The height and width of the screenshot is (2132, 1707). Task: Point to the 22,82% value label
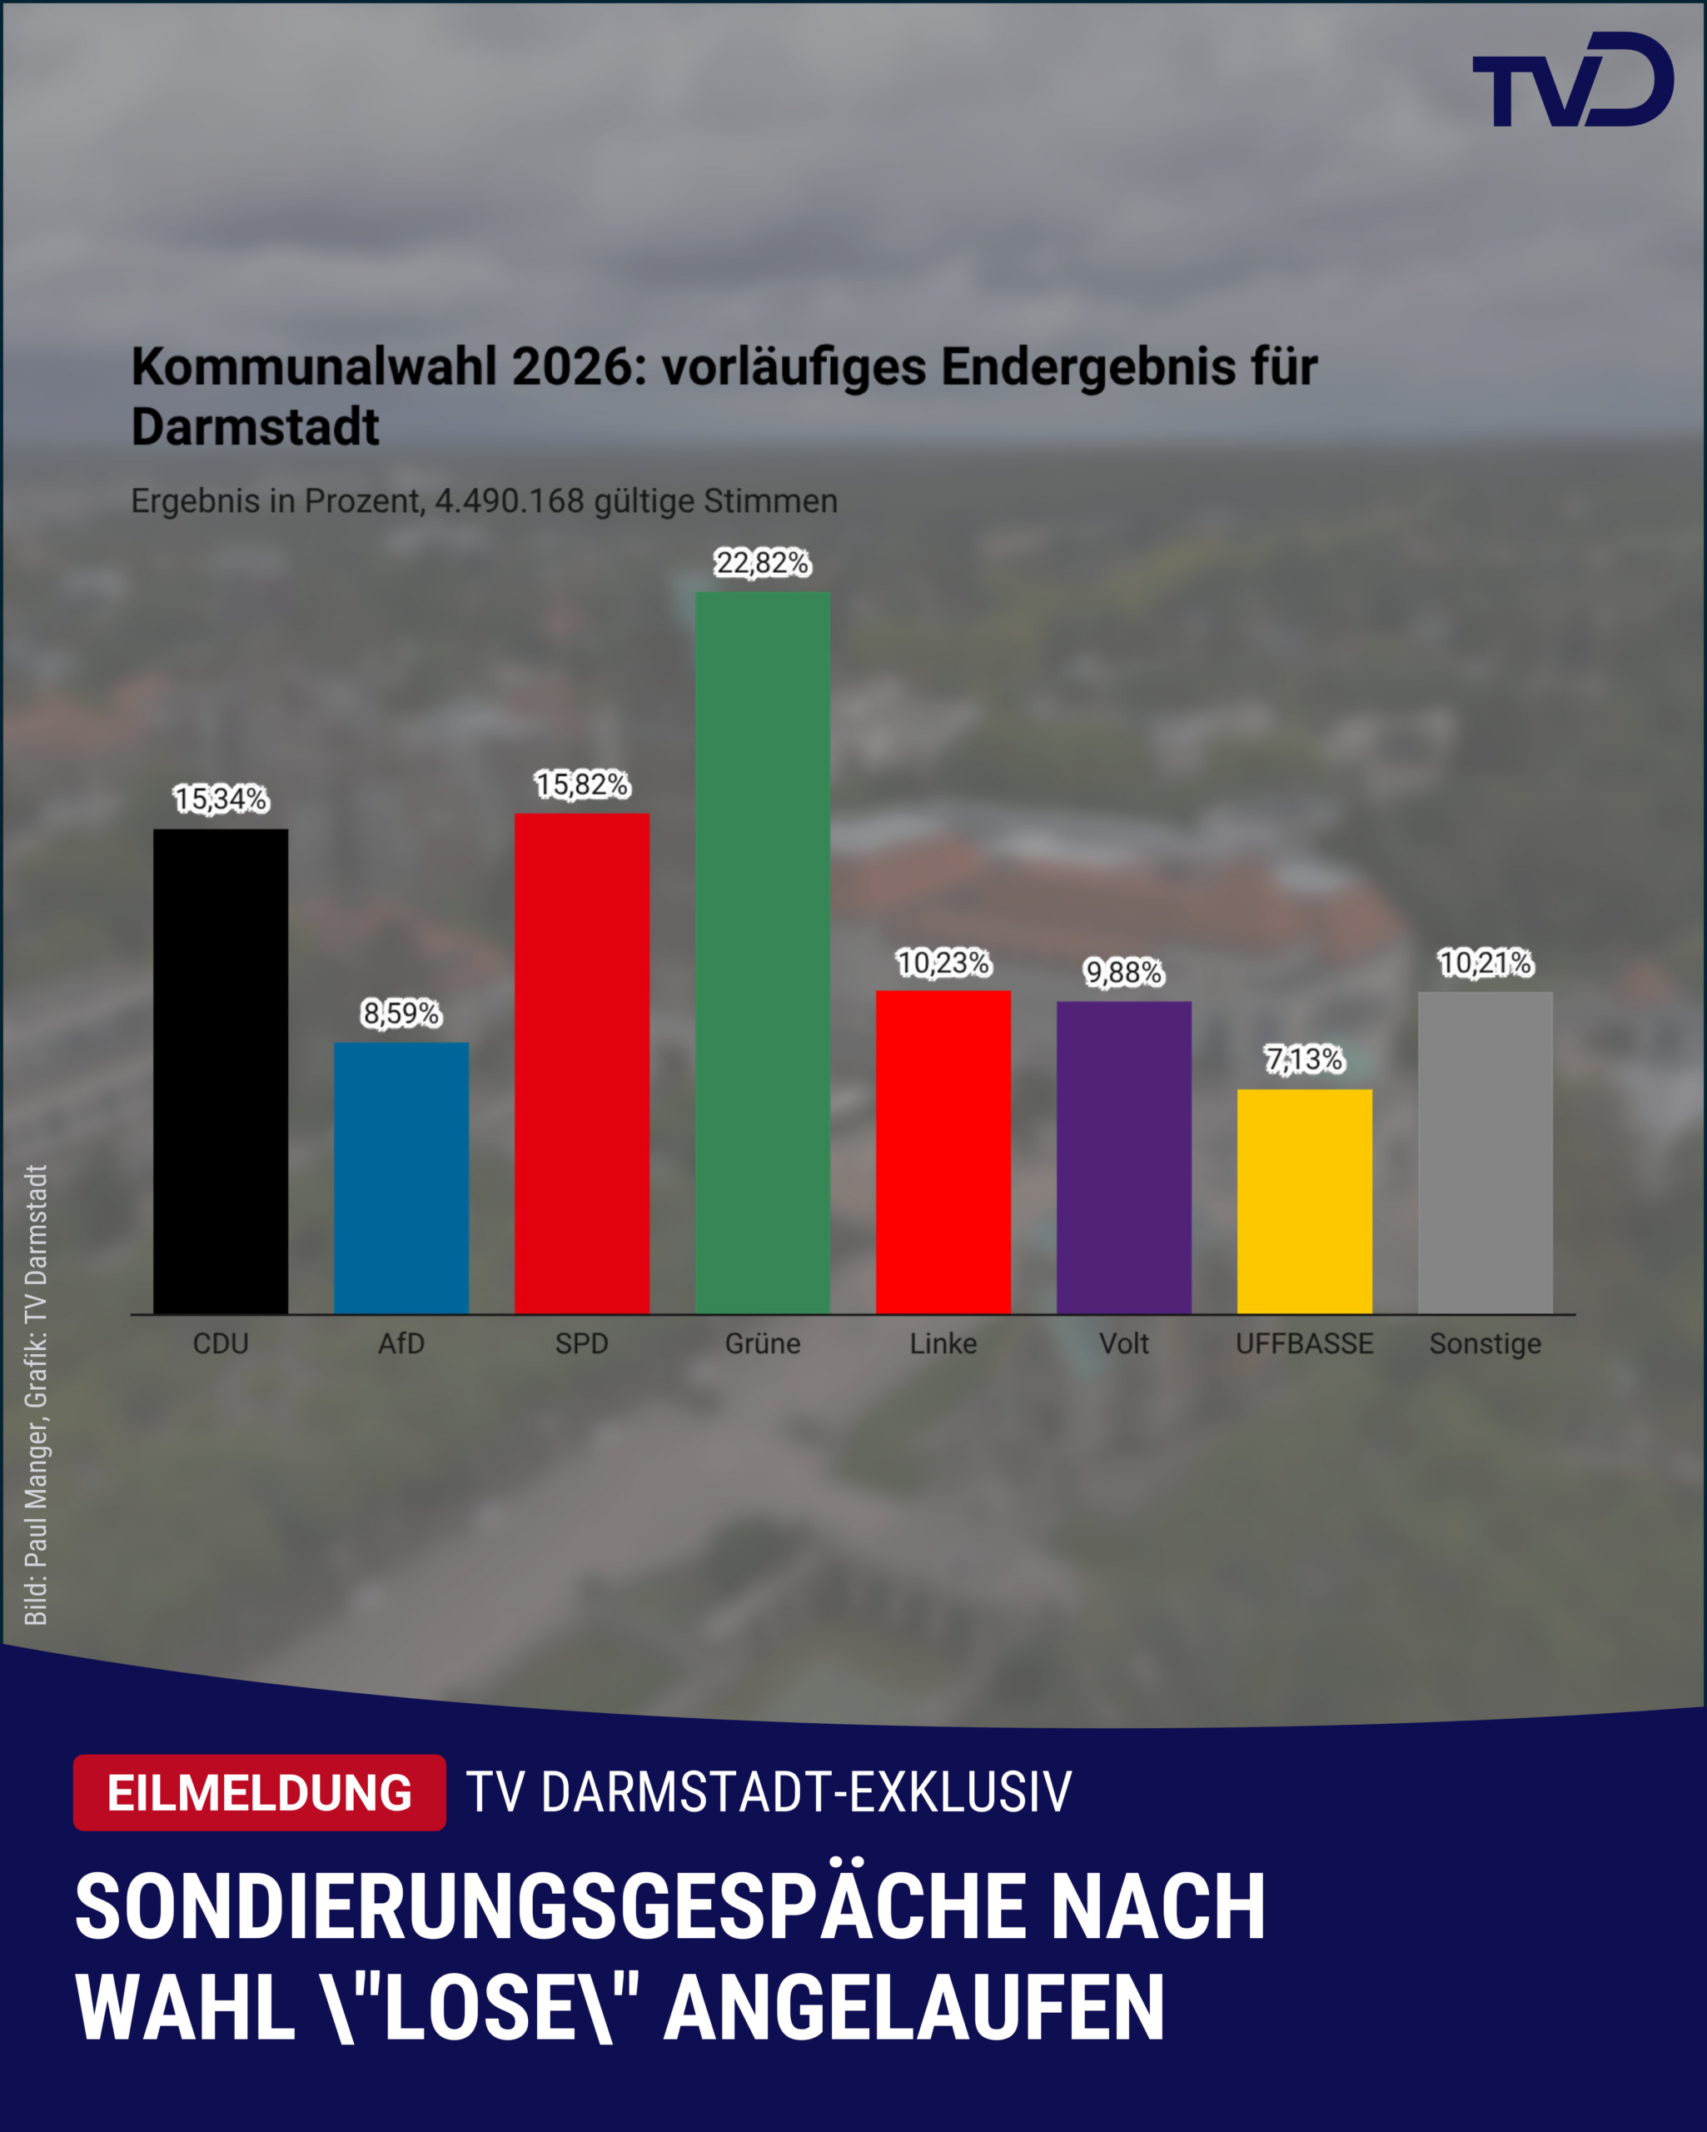tap(762, 563)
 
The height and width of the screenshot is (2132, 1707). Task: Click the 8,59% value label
tap(401, 1013)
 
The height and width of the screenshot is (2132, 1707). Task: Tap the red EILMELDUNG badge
tap(259, 1792)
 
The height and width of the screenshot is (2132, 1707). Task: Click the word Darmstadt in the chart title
tap(255, 427)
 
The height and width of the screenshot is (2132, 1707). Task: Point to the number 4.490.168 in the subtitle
tap(510, 501)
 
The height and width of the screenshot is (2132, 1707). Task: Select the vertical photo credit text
tap(36, 1394)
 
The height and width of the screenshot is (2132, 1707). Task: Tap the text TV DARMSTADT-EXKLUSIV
tap(769, 1792)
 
